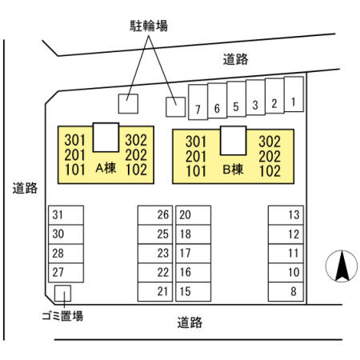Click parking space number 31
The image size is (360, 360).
[x=66, y=215]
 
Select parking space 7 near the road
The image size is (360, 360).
[x=198, y=102]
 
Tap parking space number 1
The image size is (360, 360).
[x=294, y=94]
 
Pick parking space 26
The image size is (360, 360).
[x=155, y=215]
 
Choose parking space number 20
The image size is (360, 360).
[x=194, y=215]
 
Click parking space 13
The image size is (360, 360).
[x=286, y=215]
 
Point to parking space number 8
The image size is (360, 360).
[x=286, y=292]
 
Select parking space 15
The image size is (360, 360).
[x=194, y=292]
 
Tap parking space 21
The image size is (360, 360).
[x=155, y=292]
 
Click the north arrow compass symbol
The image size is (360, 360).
[x=342, y=266]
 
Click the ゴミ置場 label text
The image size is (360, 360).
[x=62, y=316]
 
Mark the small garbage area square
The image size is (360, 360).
[x=62, y=294]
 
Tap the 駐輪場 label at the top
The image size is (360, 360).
[x=149, y=26]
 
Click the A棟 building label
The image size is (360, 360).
[x=106, y=168]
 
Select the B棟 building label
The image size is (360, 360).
[x=233, y=170]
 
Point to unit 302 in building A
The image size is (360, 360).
[x=136, y=140]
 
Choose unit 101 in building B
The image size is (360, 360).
[x=196, y=171]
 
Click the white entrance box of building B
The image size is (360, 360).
[x=234, y=141]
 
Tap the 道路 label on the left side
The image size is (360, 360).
[x=25, y=188]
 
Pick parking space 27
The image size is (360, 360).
[x=66, y=273]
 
